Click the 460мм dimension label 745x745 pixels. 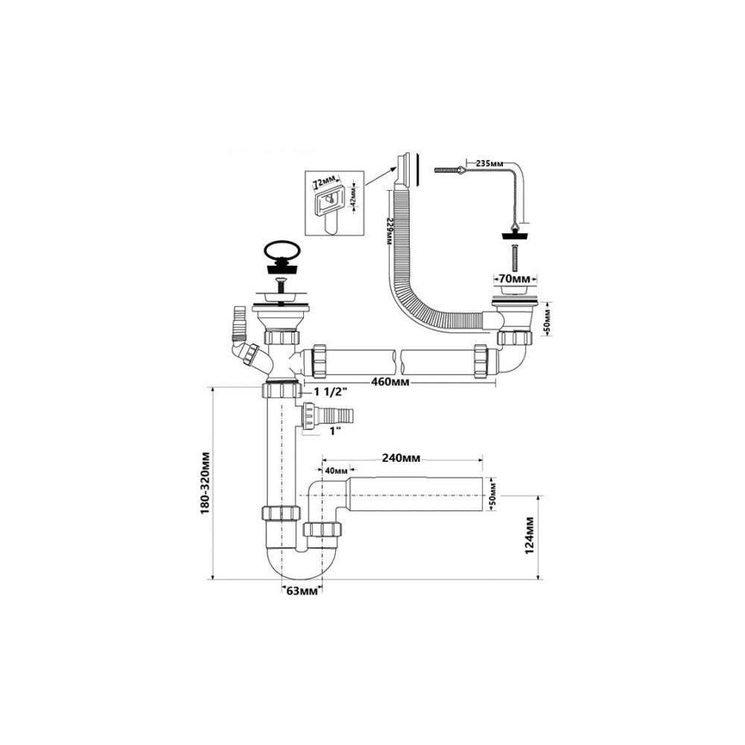[x=389, y=382]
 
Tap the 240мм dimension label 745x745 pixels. [x=401, y=458]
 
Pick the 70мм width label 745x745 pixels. [x=515, y=279]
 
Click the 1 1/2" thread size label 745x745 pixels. [x=332, y=392]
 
